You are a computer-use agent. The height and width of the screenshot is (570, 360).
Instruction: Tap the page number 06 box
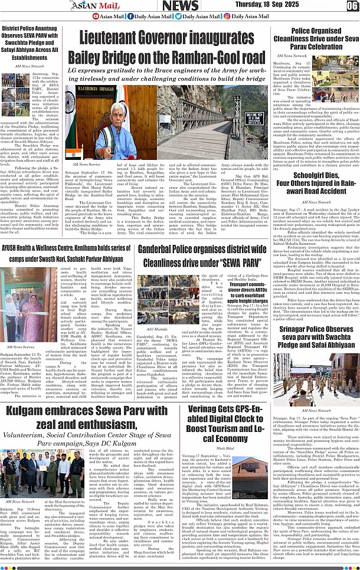352,6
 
